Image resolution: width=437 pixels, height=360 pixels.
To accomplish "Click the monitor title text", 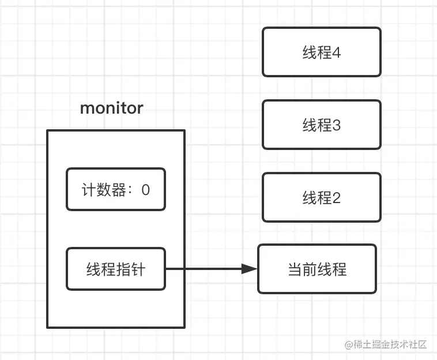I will [x=111, y=108].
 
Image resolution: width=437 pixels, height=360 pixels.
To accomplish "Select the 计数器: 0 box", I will [x=116, y=189].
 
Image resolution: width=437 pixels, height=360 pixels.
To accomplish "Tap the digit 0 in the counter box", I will [x=145, y=190].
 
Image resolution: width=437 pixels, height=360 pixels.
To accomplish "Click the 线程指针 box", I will [x=116, y=269].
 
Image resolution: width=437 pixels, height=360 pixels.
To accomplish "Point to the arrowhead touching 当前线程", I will [x=249, y=269].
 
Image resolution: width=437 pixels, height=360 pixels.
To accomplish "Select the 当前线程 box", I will [x=317, y=269].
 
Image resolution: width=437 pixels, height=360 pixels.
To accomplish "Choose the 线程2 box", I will [x=321, y=198].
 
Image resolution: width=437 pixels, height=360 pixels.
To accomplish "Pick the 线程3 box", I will [x=321, y=125].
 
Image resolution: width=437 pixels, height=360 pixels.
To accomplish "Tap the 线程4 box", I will [x=321, y=52].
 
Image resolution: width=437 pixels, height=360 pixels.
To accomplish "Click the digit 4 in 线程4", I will [x=336, y=52].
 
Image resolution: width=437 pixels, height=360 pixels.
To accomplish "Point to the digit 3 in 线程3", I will [x=336, y=125].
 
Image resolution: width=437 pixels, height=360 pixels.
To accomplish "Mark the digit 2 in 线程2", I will [x=336, y=198].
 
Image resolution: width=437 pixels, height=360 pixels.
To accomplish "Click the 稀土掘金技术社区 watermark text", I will [x=390, y=345].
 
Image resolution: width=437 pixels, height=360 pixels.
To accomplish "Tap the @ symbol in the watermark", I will [x=349, y=345].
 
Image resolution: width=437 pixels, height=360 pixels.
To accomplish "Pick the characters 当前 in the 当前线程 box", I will [x=302, y=269].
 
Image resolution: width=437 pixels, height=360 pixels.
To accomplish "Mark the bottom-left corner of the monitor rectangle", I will [x=47, y=327].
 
